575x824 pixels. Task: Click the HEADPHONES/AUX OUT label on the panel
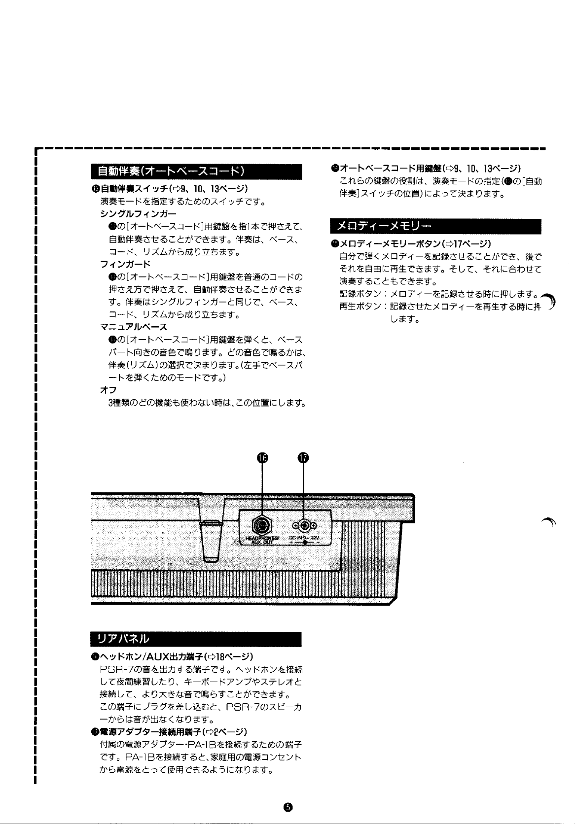click(x=262, y=540)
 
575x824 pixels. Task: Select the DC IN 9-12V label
click(x=305, y=538)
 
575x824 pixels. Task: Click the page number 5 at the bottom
click(x=288, y=806)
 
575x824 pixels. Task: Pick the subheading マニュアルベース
click(x=134, y=326)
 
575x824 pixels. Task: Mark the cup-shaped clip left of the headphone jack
click(x=211, y=540)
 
